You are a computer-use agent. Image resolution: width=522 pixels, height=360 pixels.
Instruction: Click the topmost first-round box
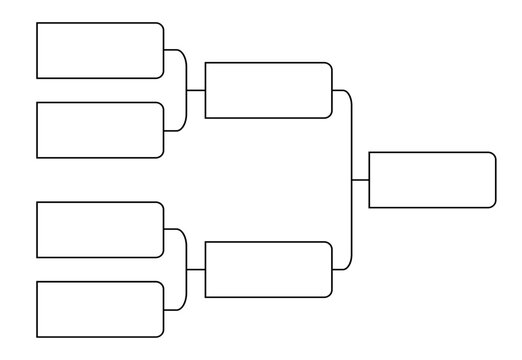pyautogui.click(x=100, y=51)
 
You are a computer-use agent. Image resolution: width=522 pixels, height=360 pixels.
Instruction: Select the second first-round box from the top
pyautogui.click(x=100, y=130)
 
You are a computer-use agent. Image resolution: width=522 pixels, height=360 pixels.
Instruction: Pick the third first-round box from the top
pyautogui.click(x=100, y=230)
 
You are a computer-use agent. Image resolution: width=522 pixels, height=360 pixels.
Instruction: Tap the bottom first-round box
pyautogui.click(x=100, y=309)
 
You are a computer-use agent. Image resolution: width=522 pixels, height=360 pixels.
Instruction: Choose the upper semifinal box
pyautogui.click(x=268, y=90)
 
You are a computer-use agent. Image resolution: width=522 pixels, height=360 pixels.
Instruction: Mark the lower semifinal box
pyautogui.click(x=268, y=269)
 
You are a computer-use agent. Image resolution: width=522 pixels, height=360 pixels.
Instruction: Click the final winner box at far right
pyautogui.click(x=432, y=180)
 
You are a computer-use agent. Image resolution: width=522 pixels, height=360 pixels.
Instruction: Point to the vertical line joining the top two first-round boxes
pyautogui.click(x=186, y=90)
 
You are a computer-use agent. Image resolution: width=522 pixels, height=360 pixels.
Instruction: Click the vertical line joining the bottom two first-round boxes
pyautogui.click(x=186, y=269)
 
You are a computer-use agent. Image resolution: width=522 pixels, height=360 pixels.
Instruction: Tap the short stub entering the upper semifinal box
pyautogui.click(x=195, y=90)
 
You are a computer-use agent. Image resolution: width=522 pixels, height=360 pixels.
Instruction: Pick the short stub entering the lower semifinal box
pyautogui.click(x=195, y=269)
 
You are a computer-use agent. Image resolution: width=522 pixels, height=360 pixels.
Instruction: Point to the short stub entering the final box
pyautogui.click(x=361, y=180)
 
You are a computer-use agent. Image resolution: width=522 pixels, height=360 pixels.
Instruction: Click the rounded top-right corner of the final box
pyautogui.click(x=493, y=155)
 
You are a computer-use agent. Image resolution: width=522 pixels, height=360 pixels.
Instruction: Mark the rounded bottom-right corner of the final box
pyautogui.click(x=493, y=205)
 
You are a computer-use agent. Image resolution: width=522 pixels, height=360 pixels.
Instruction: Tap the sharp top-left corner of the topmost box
pyautogui.click(x=37, y=23)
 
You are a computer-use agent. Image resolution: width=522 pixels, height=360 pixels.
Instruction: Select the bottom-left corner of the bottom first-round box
pyautogui.click(x=37, y=337)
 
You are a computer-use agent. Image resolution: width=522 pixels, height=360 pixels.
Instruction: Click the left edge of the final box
pyautogui.click(x=369, y=180)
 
